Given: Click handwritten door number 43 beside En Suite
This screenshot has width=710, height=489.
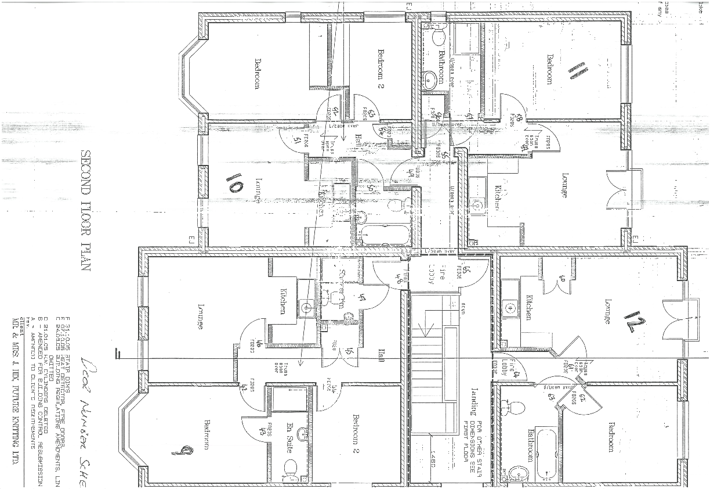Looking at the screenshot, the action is coord(262,430).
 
